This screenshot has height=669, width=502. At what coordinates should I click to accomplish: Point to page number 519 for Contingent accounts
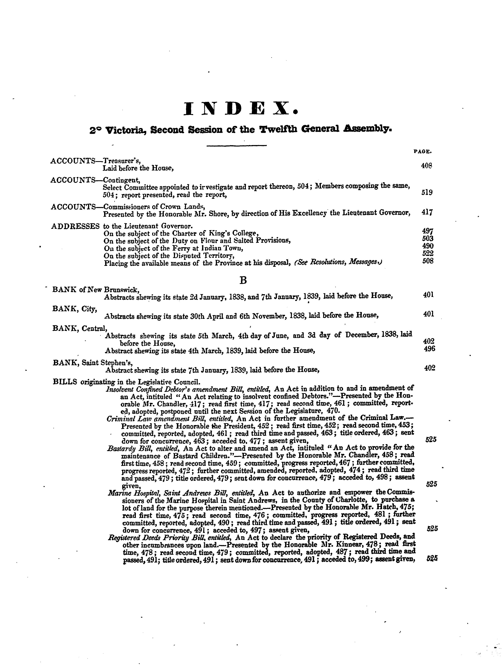point(427,192)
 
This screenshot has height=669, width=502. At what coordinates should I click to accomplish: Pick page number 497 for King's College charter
point(427,231)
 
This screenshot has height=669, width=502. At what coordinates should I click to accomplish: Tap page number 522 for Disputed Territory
point(428,253)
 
